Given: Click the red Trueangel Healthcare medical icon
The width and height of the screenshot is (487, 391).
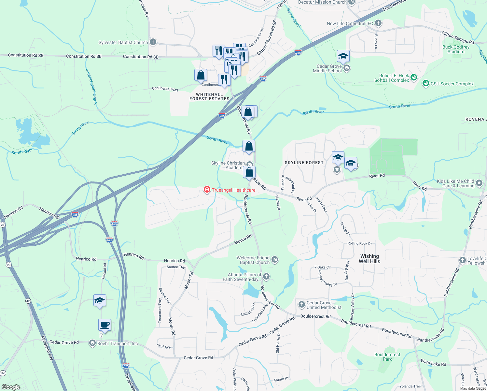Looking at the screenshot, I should [207, 190].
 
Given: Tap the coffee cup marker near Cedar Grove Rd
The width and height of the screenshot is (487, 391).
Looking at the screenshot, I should [104, 325].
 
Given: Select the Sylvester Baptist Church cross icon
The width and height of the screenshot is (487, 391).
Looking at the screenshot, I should [153, 42].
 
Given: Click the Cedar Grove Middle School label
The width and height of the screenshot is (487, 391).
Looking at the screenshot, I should [327, 68].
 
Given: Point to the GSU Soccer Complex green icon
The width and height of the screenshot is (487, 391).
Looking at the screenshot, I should [425, 84].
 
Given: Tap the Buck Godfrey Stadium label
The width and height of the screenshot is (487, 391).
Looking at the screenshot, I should [456, 49].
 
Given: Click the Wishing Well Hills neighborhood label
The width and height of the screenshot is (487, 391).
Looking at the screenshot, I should [369, 259].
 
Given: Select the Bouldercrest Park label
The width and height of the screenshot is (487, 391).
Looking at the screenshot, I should [387, 357].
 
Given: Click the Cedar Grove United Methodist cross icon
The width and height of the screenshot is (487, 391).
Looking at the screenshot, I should [301, 305].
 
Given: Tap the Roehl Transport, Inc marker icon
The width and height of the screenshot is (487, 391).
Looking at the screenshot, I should [92, 343].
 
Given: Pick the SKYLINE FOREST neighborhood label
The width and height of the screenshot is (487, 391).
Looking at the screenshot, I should [304, 163].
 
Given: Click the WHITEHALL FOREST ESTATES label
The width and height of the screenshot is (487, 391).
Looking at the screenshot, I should [209, 96].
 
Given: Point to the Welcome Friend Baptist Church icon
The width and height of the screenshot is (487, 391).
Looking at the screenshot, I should [275, 260].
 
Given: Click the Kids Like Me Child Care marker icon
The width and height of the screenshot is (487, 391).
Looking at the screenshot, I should [479, 183].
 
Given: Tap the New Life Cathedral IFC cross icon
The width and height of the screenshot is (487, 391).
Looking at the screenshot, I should [378, 23].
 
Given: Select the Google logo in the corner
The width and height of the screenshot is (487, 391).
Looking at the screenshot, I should [11, 387].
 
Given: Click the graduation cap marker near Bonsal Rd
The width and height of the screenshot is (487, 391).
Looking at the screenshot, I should [100, 301].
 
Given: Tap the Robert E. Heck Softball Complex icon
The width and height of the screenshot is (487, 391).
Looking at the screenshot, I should [414, 78].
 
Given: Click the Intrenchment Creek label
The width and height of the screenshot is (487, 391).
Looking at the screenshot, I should [91, 86].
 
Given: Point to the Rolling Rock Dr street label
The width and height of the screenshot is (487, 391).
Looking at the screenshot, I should [359, 243].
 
